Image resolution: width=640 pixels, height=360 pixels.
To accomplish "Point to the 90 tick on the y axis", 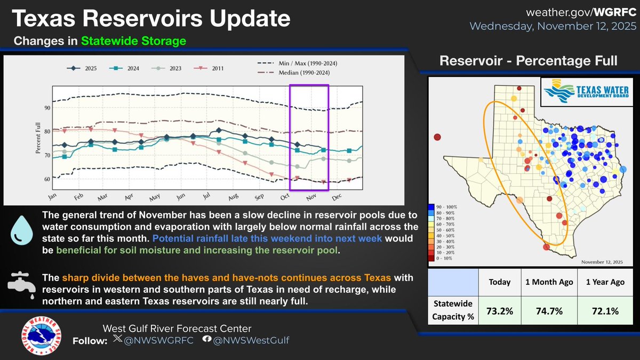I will pyautogui.click(x=47, y=108).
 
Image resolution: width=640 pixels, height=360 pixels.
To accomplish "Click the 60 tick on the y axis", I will pyautogui.click(x=47, y=179).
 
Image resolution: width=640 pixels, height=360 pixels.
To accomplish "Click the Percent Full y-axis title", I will pyautogui.click(x=38, y=142).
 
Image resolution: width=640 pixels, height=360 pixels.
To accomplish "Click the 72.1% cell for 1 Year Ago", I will pyautogui.click(x=604, y=311).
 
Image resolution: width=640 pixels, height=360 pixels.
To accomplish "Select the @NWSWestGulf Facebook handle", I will pyautogui.click(x=251, y=340).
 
